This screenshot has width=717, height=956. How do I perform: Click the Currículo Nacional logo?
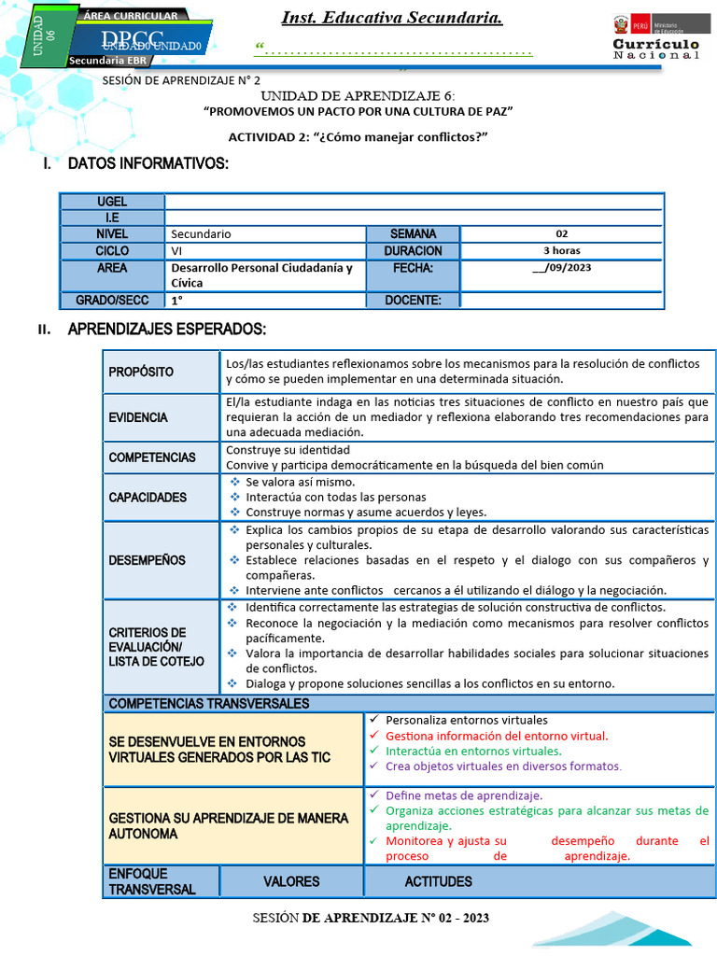pyautogui.click(x=655, y=39)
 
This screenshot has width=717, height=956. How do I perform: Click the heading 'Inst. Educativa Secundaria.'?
pyautogui.click(x=392, y=18)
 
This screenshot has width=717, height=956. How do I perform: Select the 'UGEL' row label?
pyautogui.click(x=112, y=202)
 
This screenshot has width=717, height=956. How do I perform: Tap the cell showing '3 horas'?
pyautogui.click(x=561, y=250)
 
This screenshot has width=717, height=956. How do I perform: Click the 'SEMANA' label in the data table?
pyautogui.click(x=413, y=233)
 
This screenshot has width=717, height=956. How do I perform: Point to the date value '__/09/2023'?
pyautogui.click(x=561, y=268)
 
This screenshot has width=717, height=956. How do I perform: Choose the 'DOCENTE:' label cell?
pyautogui.click(x=413, y=300)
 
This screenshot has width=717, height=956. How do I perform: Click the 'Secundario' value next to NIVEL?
pyautogui.click(x=201, y=234)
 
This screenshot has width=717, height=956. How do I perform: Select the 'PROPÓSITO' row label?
pyautogui.click(x=141, y=372)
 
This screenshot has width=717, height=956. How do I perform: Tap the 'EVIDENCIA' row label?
pyautogui.click(x=138, y=417)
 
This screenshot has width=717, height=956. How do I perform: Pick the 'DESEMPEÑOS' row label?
pyautogui.click(x=147, y=560)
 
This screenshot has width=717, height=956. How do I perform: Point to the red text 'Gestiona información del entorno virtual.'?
pyautogui.click(x=497, y=736)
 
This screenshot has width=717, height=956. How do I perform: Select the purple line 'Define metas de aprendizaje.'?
pyautogui.click(x=464, y=795)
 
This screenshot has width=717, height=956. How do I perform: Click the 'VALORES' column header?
pyautogui.click(x=291, y=881)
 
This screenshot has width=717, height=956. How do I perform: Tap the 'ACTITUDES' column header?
pyautogui.click(x=438, y=881)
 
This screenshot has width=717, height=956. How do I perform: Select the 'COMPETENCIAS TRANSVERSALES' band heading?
pyautogui.click(x=208, y=703)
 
